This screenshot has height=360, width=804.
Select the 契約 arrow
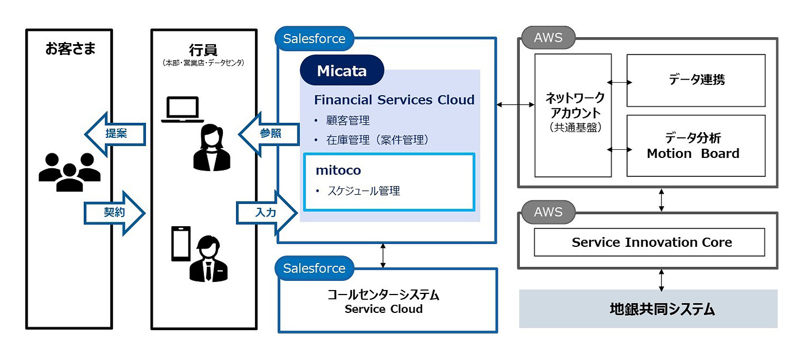[x=115, y=212]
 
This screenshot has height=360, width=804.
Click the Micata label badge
[x=342, y=71]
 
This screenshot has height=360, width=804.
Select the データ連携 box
[x=695, y=80]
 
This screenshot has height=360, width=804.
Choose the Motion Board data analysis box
[x=695, y=146]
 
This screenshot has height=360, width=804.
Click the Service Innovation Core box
[x=650, y=242]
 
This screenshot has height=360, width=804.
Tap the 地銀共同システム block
[x=648, y=309]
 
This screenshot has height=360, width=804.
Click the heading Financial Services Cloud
[x=394, y=100]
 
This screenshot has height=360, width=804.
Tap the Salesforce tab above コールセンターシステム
[x=314, y=268]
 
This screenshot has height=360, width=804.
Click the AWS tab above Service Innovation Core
[x=548, y=212]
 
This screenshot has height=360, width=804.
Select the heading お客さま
[x=71, y=49]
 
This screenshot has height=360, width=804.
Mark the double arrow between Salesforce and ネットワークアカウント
[x=515, y=104]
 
